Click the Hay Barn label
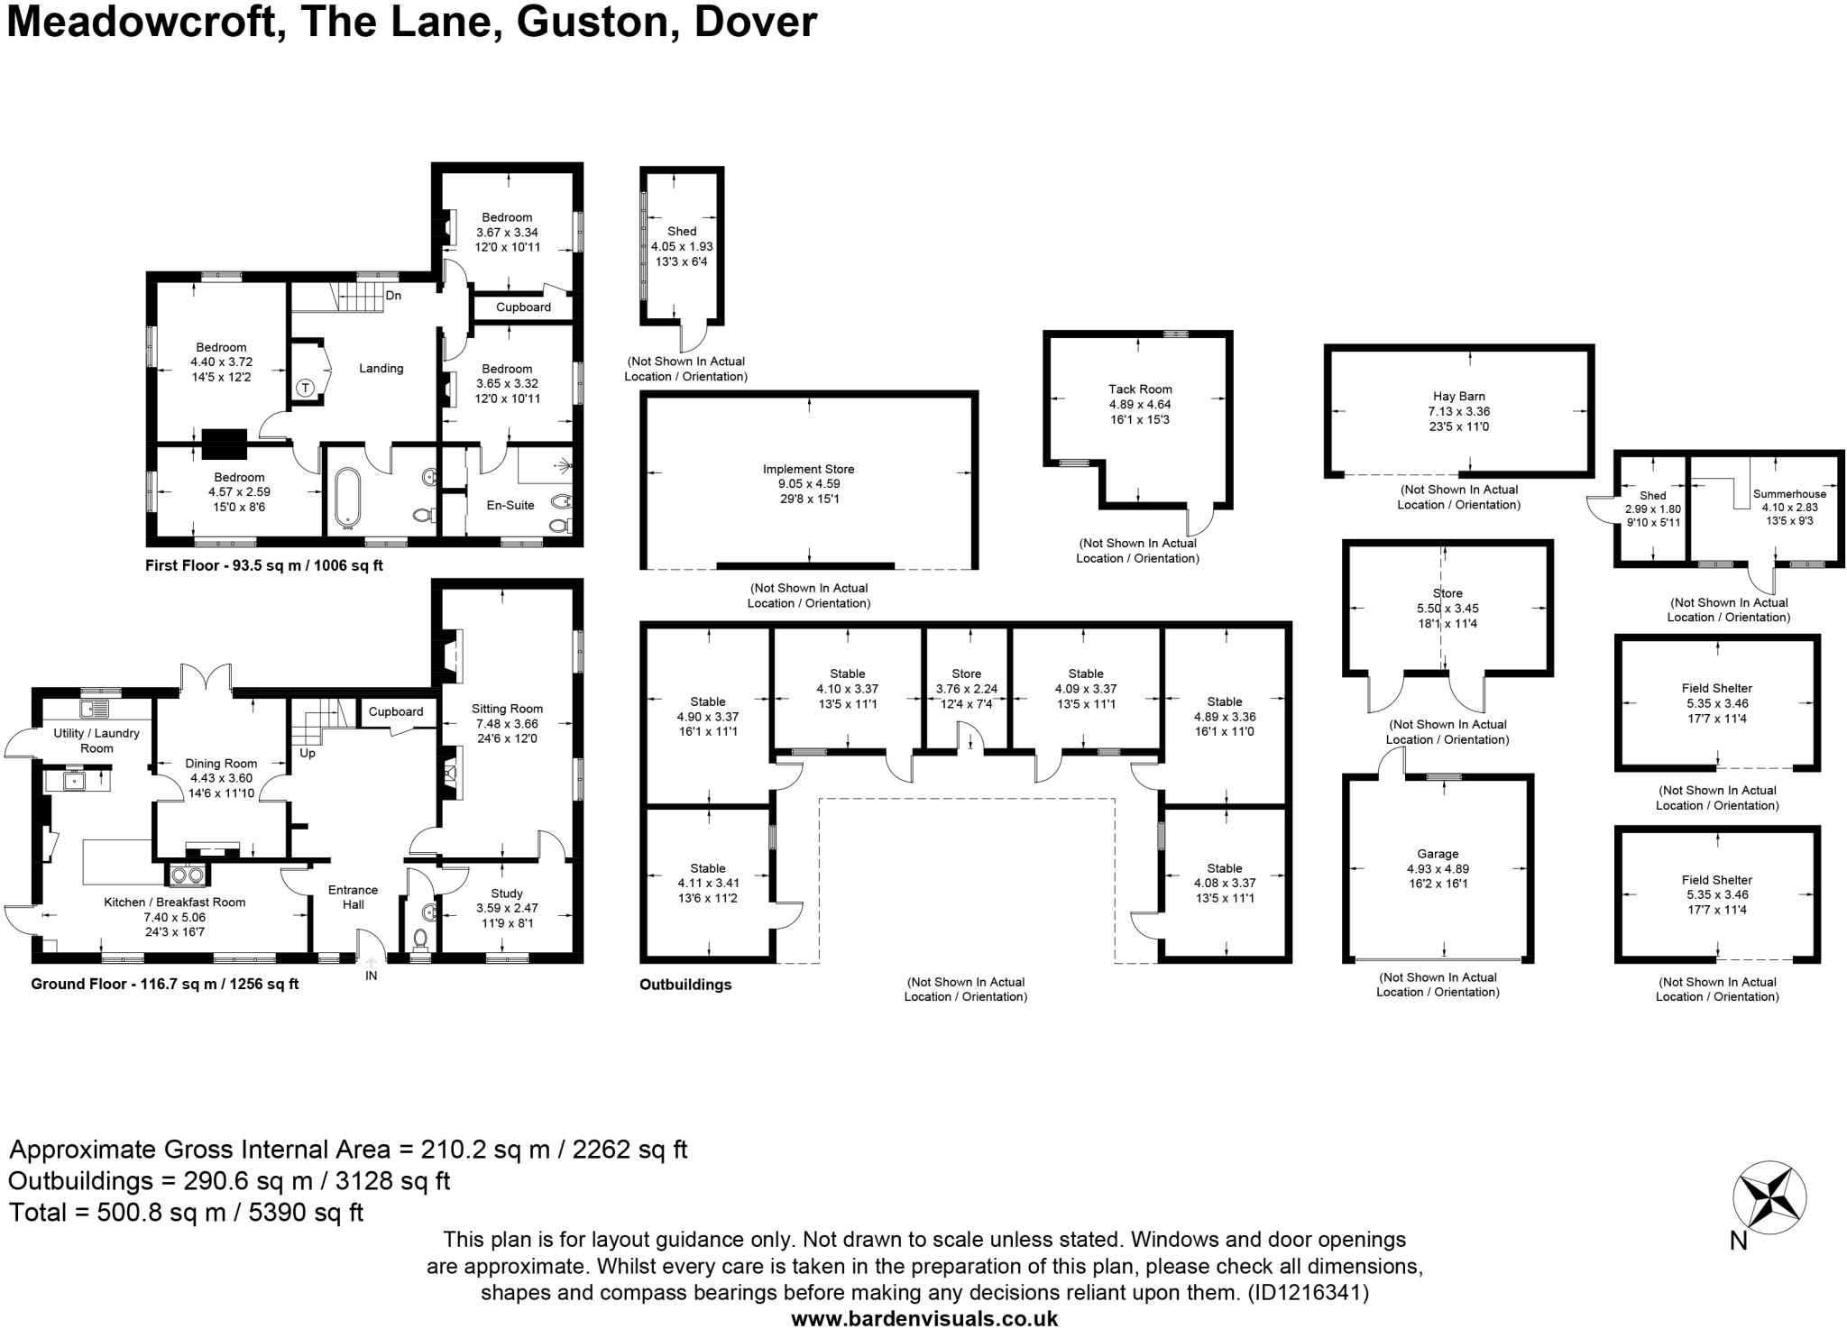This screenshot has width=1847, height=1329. [1458, 396]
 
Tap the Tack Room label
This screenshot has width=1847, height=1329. [1140, 390]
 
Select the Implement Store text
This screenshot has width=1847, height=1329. [808, 469]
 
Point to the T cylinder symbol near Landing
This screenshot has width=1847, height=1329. [305, 388]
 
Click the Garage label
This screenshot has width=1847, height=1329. [1438, 854]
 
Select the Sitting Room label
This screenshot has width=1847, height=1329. [507, 709]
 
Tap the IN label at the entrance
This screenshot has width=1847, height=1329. [371, 976]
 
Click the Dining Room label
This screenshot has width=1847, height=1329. [221, 764]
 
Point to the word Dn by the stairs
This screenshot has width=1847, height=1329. [393, 296]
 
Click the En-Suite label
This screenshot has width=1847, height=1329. [510, 505]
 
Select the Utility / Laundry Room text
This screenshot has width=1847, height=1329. [96, 740]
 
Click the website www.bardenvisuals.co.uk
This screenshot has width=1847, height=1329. [923, 1318]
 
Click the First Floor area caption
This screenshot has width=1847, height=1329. [264, 566]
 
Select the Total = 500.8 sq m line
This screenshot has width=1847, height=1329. [186, 1212]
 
